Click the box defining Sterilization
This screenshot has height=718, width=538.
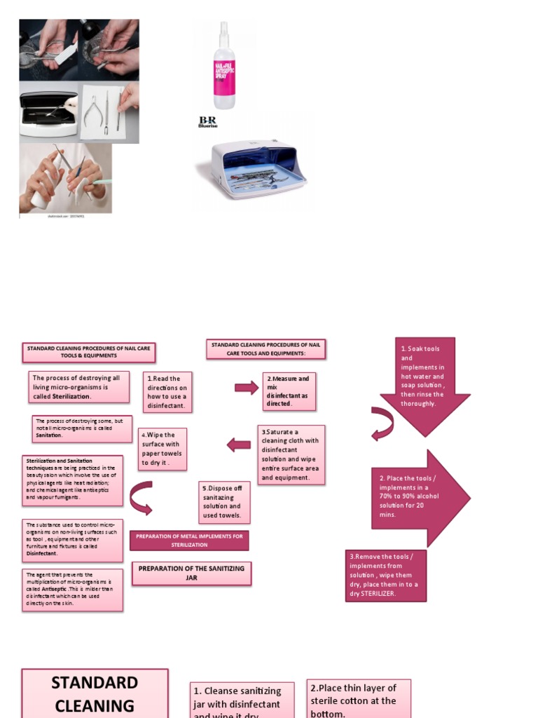pyautogui.click(x=79, y=387)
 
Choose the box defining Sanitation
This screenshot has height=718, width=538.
pyautogui.click(x=82, y=428)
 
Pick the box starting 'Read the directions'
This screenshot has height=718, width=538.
pyautogui.click(x=167, y=392)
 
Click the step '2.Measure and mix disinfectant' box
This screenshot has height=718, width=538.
pyautogui.click(x=289, y=391)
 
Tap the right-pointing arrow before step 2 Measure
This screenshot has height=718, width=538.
pyautogui.click(x=247, y=388)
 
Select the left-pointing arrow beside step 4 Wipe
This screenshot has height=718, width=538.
pyautogui.click(x=239, y=445)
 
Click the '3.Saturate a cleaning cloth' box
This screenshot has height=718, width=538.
pyautogui.click(x=291, y=454)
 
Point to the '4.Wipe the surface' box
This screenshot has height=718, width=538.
pyautogui.click(x=162, y=449)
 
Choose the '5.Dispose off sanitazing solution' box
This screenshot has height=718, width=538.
pyautogui.click(x=223, y=501)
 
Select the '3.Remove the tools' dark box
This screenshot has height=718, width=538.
pyautogui.click(x=386, y=575)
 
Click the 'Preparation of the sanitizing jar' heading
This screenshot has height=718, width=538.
pyautogui.click(x=191, y=573)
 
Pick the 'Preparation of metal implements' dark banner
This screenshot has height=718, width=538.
pyautogui.click(x=189, y=540)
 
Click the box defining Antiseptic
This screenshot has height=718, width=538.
pyautogui.click(x=71, y=590)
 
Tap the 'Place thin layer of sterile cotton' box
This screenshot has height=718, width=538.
pyautogui.click(x=358, y=698)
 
